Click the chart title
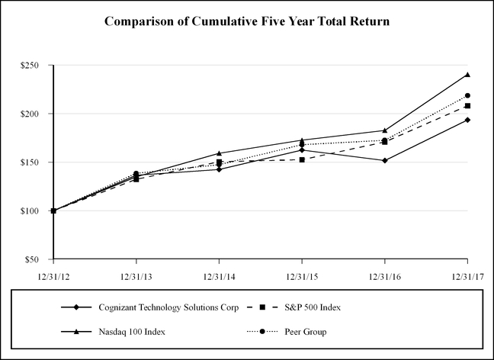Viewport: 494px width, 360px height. click(x=247, y=21)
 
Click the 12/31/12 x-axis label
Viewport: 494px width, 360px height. click(x=53, y=275)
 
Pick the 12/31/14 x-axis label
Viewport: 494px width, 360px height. click(x=219, y=275)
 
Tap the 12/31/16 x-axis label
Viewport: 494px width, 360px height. click(x=384, y=275)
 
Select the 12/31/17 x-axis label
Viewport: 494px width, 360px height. click(x=466, y=275)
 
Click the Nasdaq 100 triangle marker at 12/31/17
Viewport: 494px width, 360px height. click(x=467, y=75)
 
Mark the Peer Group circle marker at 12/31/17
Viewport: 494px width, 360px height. click(x=467, y=95)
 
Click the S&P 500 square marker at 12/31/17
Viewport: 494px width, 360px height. click(x=467, y=106)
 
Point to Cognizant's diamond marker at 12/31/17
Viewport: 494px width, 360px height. click(x=467, y=120)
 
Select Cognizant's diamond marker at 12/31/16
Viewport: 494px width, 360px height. click(x=384, y=160)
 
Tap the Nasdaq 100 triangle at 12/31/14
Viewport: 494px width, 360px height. click(x=219, y=153)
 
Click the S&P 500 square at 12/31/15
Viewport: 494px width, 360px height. click(x=302, y=159)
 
